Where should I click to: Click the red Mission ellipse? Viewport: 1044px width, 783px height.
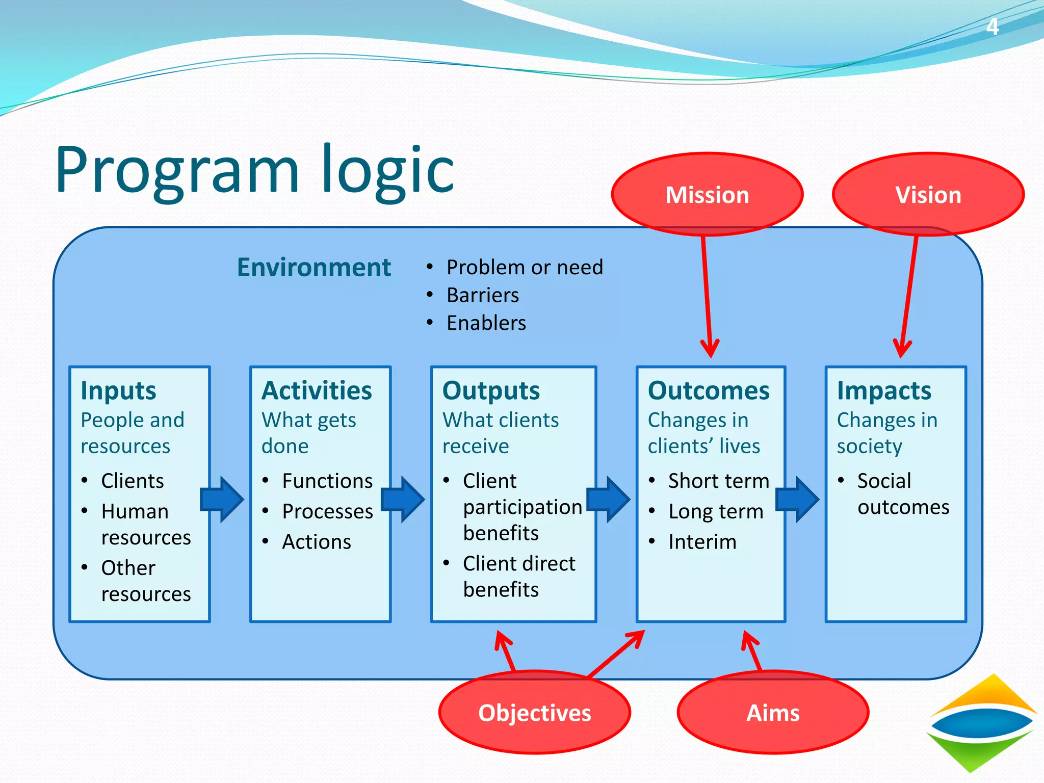click(707, 194)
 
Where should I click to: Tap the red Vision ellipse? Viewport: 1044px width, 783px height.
click(928, 194)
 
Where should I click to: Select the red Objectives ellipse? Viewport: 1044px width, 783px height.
click(534, 712)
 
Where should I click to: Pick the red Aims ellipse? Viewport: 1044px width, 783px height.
click(773, 712)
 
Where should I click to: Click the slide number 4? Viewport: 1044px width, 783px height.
click(991, 27)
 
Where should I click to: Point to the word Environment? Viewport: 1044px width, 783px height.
click(314, 267)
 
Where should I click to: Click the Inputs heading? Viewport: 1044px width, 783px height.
click(118, 391)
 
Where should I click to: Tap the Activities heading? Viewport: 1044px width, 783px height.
click(317, 391)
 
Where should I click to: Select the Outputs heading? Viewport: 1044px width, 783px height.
click(491, 391)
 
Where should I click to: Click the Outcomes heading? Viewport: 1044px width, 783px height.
click(709, 391)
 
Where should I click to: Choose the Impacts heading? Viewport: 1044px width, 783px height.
click(884, 391)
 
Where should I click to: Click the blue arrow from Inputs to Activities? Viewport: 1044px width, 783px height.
click(222, 499)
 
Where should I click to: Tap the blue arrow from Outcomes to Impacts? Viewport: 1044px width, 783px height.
click(797, 499)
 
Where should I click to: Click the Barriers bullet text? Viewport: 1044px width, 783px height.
click(482, 295)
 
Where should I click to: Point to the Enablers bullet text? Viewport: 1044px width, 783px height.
click(486, 323)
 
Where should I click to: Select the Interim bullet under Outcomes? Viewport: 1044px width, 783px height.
click(702, 542)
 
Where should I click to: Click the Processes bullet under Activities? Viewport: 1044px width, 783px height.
click(327, 511)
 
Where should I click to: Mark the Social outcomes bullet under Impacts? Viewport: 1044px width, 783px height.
click(902, 493)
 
